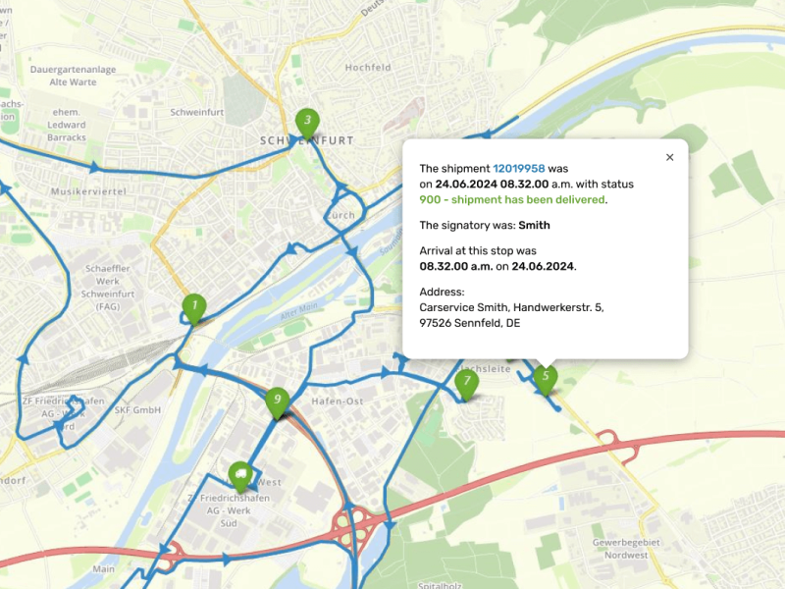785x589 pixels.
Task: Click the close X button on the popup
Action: pos(670,157)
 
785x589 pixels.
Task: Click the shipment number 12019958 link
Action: pos(519,169)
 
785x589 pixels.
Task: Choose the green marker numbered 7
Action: pos(467,383)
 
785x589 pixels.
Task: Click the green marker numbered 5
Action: pos(546,377)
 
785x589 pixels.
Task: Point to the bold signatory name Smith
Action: pos(535,225)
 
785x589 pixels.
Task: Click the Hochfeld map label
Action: pos(368,68)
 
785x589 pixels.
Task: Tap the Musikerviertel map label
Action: pos(88,191)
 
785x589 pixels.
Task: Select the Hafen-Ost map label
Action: pos(337,402)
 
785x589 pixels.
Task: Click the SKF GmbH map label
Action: pos(136,410)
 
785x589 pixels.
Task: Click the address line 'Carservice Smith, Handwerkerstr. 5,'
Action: pos(511,307)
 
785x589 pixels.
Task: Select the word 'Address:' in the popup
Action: pos(441,292)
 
